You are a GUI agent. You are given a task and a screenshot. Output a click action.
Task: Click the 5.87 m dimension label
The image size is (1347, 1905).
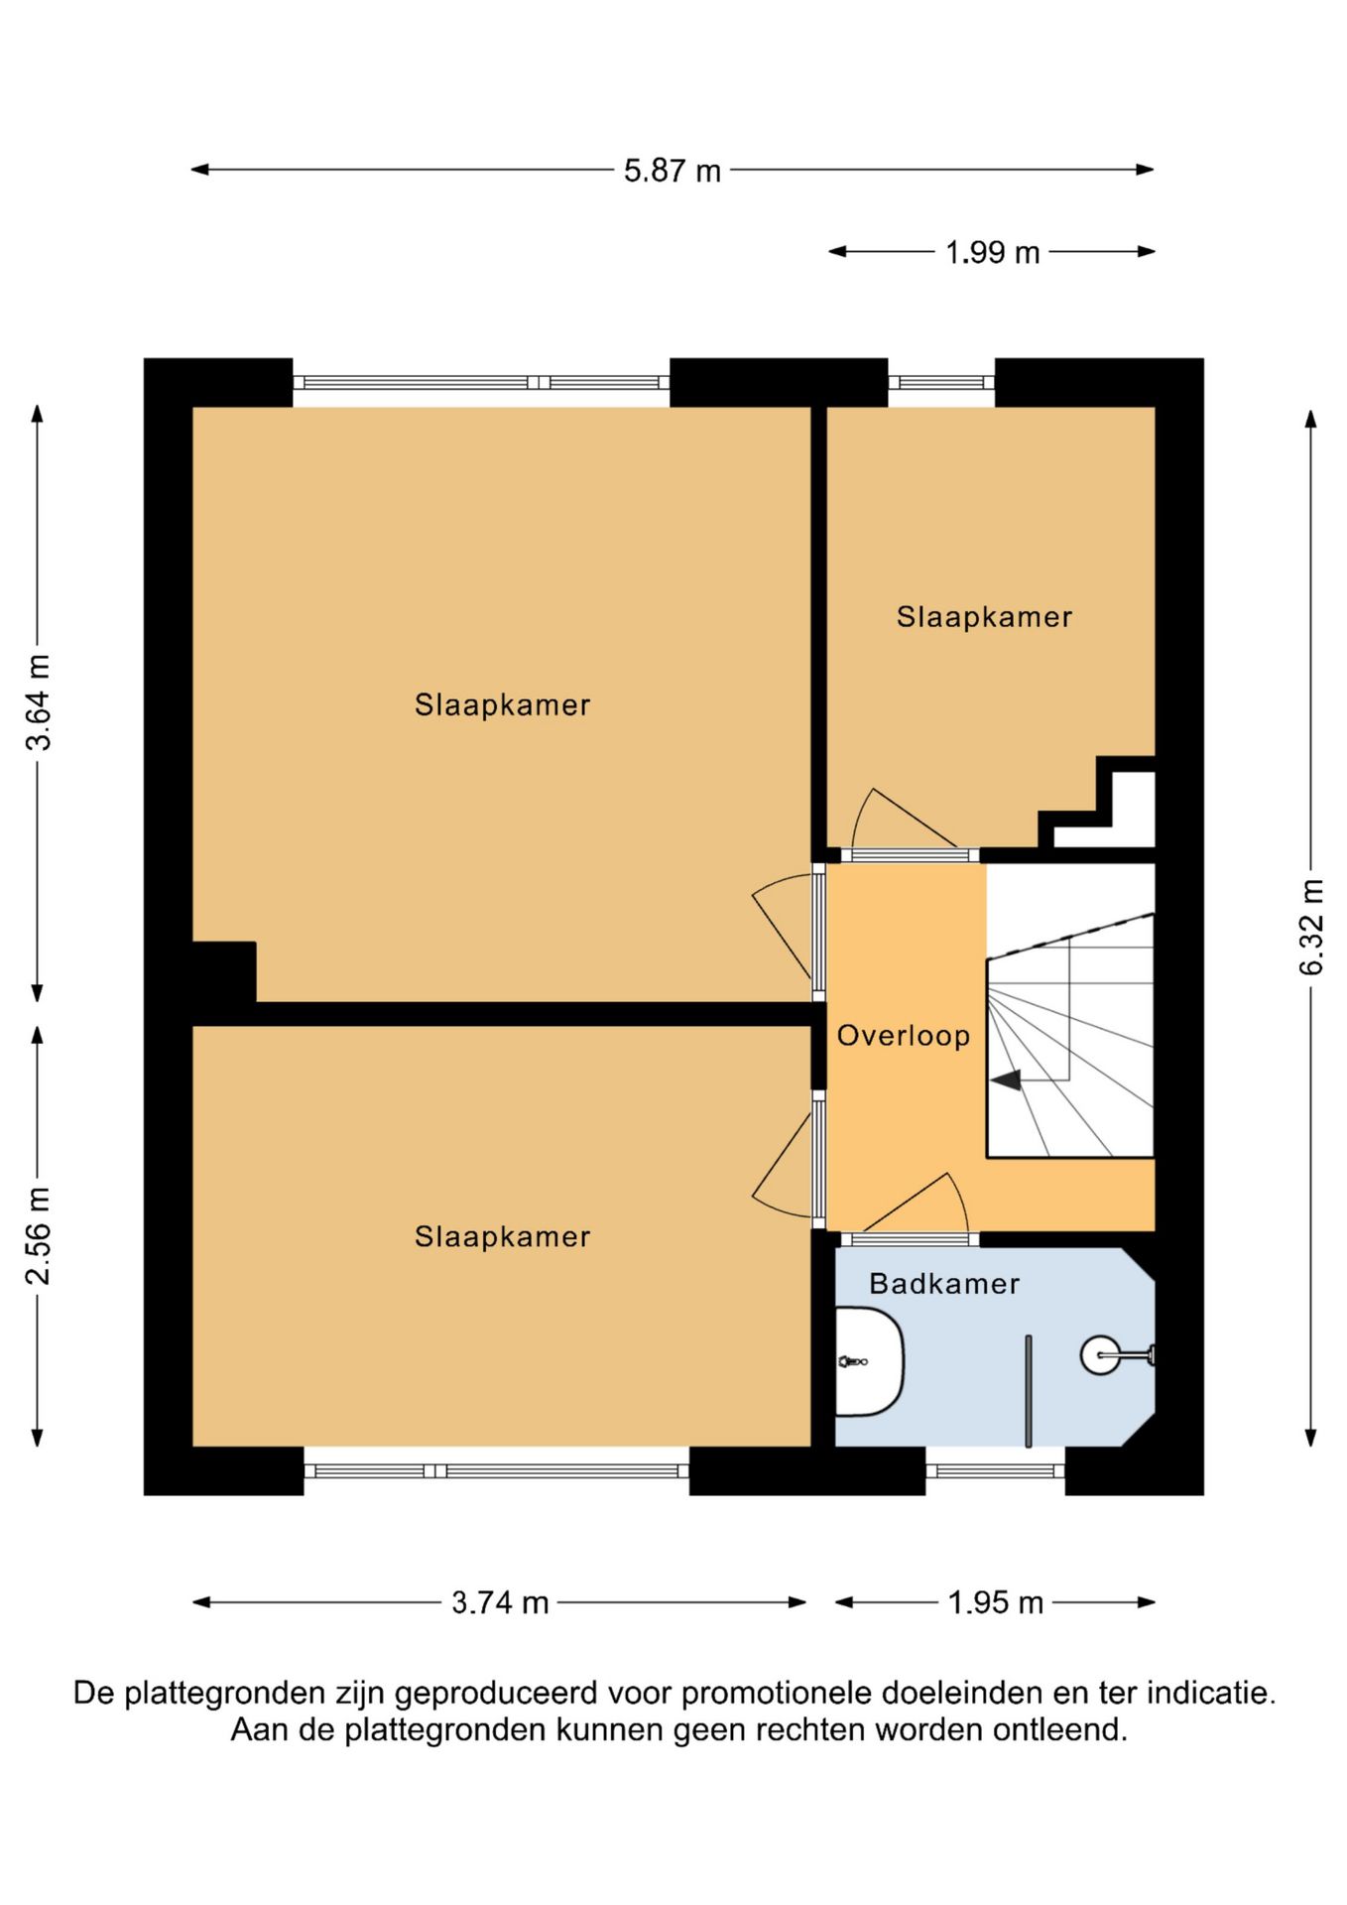672,171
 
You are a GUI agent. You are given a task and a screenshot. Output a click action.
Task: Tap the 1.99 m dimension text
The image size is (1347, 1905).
992,253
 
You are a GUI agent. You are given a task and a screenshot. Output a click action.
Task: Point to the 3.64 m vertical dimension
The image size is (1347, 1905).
38,702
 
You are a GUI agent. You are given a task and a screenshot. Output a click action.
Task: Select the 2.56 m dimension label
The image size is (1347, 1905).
38,1235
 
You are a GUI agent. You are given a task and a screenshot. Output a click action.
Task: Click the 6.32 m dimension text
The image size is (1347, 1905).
1311,928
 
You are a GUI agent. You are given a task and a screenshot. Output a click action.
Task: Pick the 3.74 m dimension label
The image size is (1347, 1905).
500,1602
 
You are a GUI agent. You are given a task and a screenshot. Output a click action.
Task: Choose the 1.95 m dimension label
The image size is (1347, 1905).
995,1602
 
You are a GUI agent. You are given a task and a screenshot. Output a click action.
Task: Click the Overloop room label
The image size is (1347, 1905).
904,1036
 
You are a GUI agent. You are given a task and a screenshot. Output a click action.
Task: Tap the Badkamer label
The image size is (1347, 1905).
944,1284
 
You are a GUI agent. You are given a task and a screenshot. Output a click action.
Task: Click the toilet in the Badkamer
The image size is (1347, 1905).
869,1361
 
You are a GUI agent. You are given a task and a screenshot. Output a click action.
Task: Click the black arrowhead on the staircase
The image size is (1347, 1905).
1006,1079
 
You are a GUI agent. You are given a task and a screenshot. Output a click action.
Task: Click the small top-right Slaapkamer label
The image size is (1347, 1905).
984,617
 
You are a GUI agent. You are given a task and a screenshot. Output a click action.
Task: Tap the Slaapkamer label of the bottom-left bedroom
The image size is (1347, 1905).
502,1236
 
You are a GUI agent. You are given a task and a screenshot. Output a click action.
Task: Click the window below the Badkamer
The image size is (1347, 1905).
995,1470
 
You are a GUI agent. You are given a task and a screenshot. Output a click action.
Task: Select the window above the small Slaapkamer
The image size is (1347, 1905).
941,382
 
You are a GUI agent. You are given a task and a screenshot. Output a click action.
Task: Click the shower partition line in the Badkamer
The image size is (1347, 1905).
1029,1391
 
